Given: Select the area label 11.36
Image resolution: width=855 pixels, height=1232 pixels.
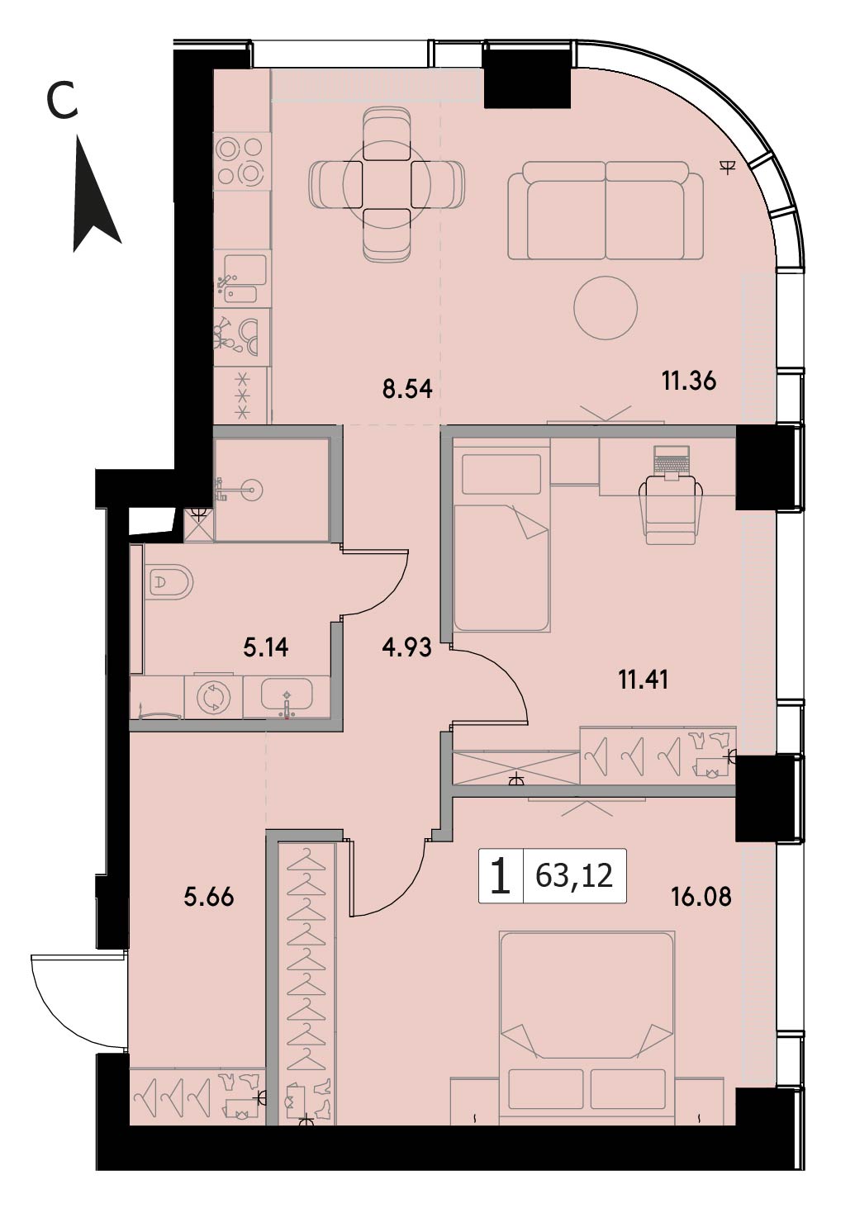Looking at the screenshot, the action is pos(689,381).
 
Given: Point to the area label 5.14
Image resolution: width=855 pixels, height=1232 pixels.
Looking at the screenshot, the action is pos(266,648).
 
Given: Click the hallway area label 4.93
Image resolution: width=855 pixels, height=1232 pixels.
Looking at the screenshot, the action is pos(406,647).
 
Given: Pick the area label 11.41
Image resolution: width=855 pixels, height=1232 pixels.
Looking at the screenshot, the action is pos(644,680).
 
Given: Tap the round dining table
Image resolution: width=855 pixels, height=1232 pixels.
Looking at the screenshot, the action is pos(387,184).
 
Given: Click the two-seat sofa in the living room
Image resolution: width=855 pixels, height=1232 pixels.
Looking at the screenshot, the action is pos(605,210).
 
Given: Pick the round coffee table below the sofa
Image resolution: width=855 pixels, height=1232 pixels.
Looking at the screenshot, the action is pos(606,308).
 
